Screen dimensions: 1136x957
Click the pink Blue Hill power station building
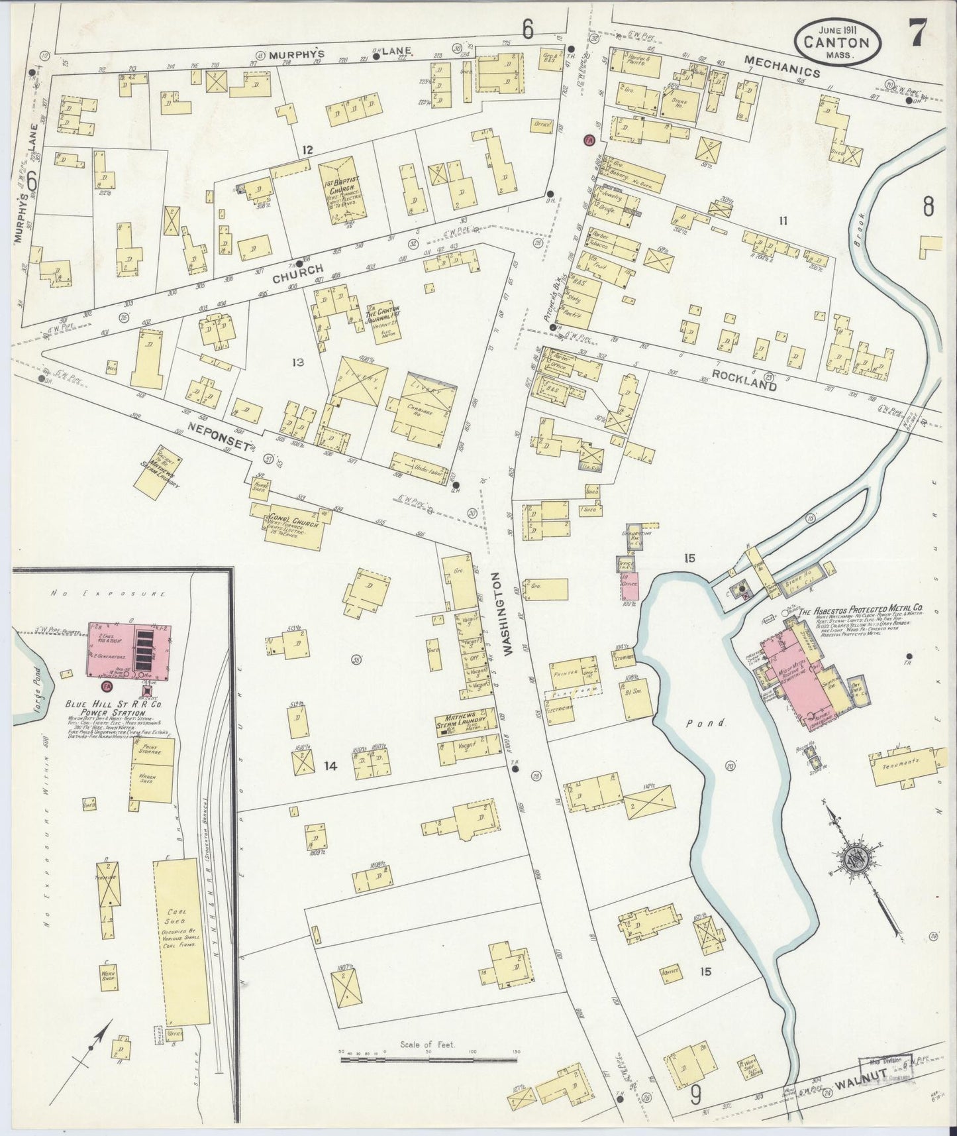[128, 651]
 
